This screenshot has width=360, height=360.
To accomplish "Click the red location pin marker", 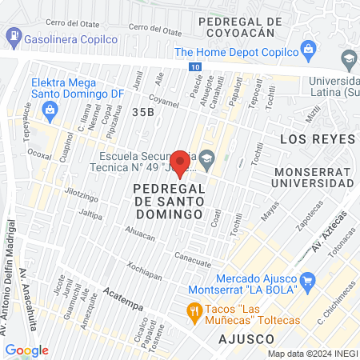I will [181, 163].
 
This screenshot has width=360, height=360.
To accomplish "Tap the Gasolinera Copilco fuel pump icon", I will [14, 36].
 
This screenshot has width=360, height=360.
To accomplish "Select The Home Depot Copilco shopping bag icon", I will [306, 51].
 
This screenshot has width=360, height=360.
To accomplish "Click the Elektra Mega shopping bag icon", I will [50, 109].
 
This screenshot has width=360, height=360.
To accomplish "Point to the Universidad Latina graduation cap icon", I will [349, 58].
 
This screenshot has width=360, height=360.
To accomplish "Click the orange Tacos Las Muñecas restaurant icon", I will [193, 310].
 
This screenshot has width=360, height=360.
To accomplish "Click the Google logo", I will [26, 350].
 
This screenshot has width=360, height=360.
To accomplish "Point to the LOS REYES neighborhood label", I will [316, 138].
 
